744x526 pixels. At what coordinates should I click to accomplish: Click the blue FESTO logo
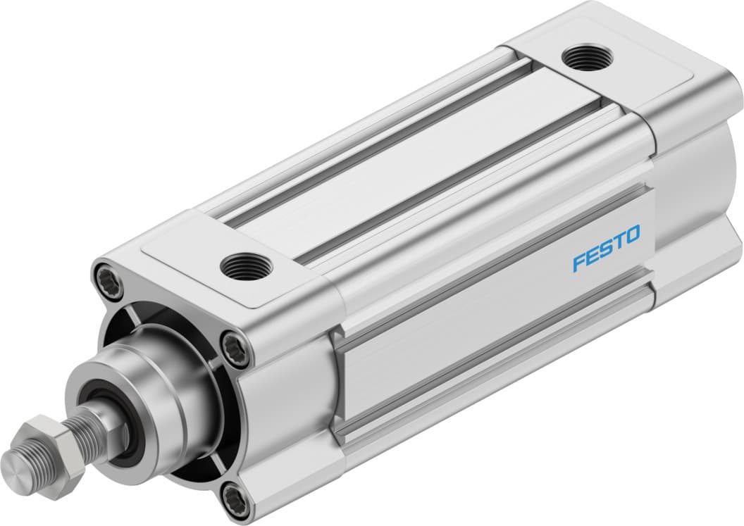click(x=606, y=248)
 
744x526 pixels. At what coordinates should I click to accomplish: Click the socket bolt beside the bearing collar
click(x=235, y=348)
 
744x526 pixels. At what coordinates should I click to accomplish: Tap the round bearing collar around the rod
click(x=151, y=380)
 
